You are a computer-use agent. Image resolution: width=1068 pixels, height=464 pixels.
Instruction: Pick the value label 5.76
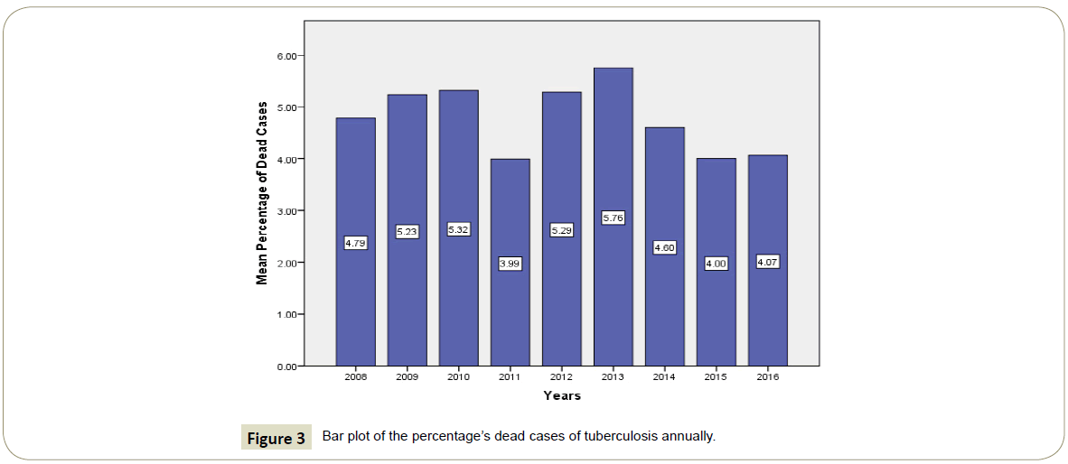tap(613, 218)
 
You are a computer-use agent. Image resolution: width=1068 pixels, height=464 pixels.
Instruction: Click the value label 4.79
tap(355, 242)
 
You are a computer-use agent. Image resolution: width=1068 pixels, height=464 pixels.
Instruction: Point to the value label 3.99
tap(510, 264)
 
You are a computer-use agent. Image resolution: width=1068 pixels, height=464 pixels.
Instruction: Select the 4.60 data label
tap(664, 247)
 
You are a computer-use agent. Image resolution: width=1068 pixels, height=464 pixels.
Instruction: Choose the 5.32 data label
tap(458, 229)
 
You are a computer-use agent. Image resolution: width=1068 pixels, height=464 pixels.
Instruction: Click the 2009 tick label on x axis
tap(407, 376)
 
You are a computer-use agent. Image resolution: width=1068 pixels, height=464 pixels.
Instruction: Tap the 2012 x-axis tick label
tap(561, 376)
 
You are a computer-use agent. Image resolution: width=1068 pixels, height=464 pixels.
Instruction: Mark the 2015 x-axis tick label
tap(716, 376)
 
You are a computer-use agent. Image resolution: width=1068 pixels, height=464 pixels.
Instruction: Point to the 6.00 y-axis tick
tap(288, 56)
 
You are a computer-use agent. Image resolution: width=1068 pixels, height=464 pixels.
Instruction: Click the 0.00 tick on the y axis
tap(288, 367)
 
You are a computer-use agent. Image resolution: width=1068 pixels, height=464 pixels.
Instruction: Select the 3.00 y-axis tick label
tap(288, 211)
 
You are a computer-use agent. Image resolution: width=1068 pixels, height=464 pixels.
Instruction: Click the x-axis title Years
tap(562, 396)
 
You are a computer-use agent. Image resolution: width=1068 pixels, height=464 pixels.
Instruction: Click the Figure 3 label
tap(276, 439)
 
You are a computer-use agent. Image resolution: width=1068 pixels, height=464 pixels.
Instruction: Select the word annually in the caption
tap(688, 437)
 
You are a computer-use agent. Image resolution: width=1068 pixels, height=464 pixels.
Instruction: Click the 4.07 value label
tap(767, 262)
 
